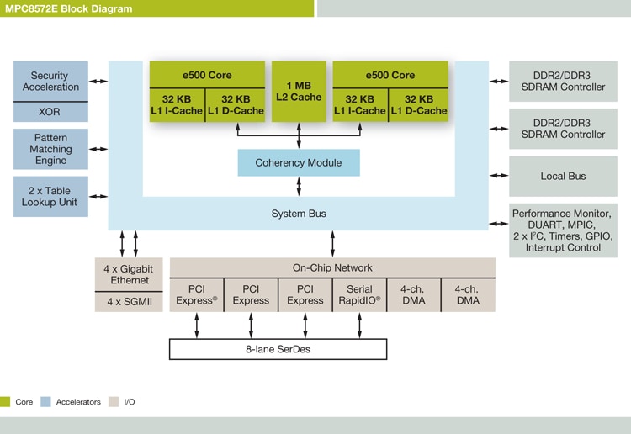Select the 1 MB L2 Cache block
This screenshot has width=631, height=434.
[x=299, y=91]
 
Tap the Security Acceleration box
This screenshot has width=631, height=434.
[x=51, y=81]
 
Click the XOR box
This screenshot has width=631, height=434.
[x=51, y=112]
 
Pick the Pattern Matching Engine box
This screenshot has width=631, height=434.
[x=51, y=149]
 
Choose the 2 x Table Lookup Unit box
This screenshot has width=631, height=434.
[x=51, y=196]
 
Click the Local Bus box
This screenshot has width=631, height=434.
[x=563, y=177]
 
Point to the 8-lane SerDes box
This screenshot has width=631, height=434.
[x=278, y=349]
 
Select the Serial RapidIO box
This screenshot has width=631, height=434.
[x=359, y=295]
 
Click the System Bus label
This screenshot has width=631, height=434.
[x=299, y=214]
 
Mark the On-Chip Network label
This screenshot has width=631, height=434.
[x=332, y=267]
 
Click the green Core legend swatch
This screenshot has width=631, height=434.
[x=6, y=402]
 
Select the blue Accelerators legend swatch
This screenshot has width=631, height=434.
[x=45, y=402]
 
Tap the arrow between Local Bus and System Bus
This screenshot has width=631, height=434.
[x=499, y=177]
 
